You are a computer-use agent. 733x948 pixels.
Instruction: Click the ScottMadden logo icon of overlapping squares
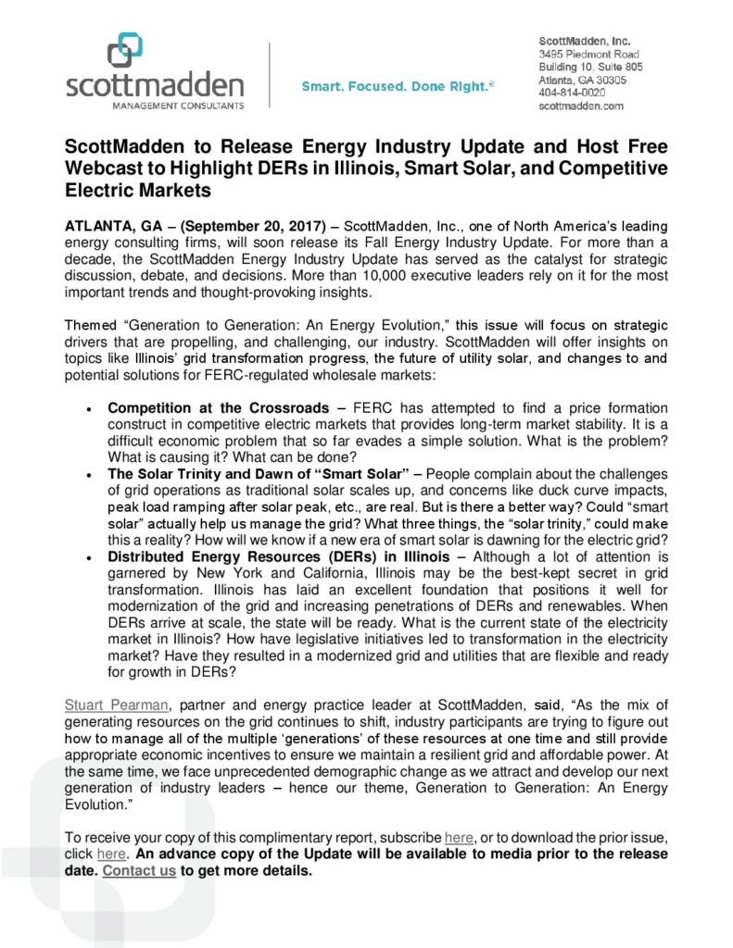tap(125, 51)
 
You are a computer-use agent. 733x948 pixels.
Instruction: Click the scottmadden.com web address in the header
tap(581, 106)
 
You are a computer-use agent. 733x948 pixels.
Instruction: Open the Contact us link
tap(139, 872)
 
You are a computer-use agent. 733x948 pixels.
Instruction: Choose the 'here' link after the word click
tap(111, 855)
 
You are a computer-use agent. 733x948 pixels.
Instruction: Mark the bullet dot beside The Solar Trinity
tap(88, 476)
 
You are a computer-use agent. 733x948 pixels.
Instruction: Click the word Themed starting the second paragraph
tap(89, 326)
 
